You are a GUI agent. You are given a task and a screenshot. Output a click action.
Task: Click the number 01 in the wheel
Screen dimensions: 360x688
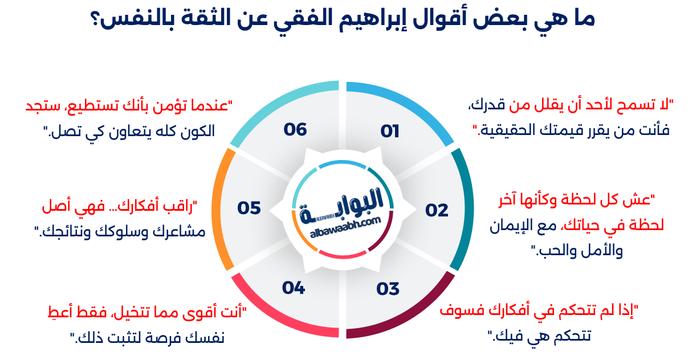pos(390,132)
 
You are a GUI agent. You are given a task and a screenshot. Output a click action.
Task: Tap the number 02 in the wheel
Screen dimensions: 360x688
pos(437,210)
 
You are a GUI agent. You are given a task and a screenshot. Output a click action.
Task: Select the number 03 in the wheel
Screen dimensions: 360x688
pos(388,289)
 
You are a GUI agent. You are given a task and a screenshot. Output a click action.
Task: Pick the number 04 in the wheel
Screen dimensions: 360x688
pos(294,288)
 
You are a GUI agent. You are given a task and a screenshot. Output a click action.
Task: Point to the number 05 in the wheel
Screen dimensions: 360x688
pos(249,208)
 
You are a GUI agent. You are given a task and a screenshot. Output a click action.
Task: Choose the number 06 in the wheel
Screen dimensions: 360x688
pos(295,129)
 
